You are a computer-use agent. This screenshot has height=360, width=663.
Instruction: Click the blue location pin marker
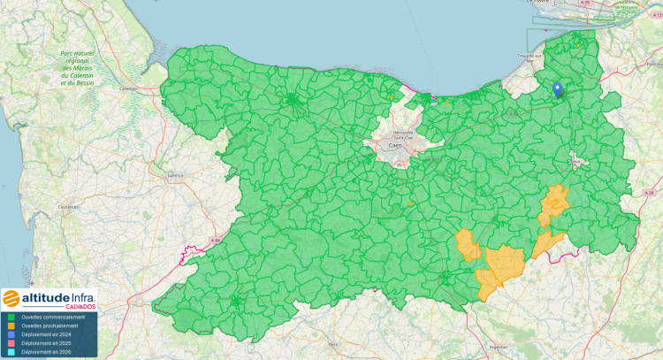coord(557,88)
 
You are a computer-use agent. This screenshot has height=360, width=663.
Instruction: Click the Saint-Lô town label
coord(175,174)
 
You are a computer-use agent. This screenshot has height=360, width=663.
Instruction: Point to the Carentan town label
coord(129,88)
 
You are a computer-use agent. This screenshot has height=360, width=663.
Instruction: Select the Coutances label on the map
coord(68,207)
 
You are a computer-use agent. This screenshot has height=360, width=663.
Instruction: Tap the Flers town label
coord(333,343)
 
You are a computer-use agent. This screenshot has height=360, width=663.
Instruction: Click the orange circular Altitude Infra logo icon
coord(11,297)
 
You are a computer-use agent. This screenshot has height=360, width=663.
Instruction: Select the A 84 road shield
coord(214,240)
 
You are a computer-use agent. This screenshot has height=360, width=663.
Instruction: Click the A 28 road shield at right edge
coord(651,192)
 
